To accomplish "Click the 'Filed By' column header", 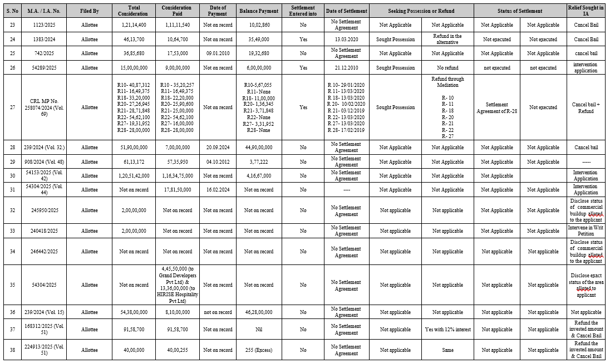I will pos(89,11).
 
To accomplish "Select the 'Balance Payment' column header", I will pos(258,11).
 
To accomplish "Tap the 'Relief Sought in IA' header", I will pos(586,11).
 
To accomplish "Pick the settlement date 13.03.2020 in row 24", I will pos(346,40).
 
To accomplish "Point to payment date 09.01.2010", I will pos(217,53).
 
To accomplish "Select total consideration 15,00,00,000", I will pos(134,68).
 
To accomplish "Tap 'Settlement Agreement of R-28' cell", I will pos(496,107).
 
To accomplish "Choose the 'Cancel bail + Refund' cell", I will pos(586,107).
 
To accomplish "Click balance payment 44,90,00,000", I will pos(258,148).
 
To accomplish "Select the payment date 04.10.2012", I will pos(217,162).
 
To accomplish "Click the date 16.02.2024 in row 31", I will pos(217,190).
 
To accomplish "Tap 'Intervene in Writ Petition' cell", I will pos(586,230).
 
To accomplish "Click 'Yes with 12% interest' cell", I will pos(447,330).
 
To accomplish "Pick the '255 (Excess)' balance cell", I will pos(258,350).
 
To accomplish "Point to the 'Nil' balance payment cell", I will pos(258,330).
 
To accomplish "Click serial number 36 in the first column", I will pos(12,312).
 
